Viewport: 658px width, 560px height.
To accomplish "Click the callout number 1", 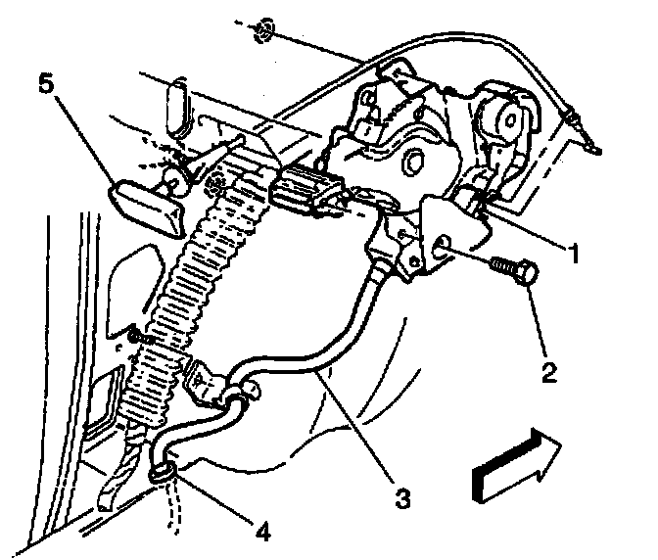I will pos(575,253).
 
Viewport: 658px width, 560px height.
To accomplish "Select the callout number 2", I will pos(546,373).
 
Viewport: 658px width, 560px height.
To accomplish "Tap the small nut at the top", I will pos(259,30).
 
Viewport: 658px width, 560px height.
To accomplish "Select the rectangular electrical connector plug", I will pos(305,191).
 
